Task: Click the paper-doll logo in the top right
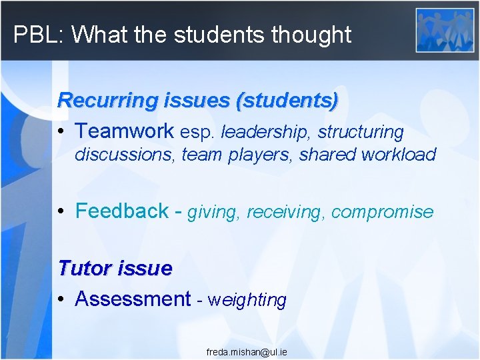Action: point(445,30)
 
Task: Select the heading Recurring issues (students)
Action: point(197,101)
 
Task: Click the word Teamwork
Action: point(124,131)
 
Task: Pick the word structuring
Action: point(361,132)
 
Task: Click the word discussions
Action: point(125,155)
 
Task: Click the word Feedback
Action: point(122,211)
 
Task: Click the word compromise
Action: point(382,213)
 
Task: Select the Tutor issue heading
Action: point(115,269)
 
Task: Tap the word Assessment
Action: point(133,299)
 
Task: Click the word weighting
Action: point(247,300)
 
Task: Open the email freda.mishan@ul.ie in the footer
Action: point(247,351)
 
